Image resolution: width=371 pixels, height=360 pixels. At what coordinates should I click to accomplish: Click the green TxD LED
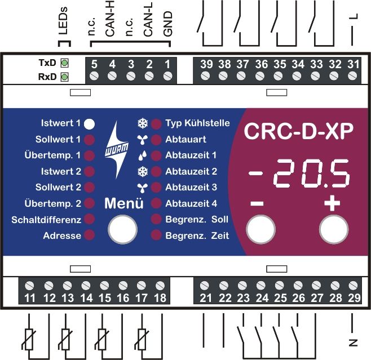point(64,63)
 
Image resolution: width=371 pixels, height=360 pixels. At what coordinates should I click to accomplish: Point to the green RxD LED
point(64,77)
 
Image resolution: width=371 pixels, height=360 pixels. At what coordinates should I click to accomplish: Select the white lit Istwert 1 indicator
point(90,123)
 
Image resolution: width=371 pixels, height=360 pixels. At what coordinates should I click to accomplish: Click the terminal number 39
point(206,64)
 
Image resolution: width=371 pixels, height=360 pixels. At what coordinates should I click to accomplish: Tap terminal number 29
point(354,297)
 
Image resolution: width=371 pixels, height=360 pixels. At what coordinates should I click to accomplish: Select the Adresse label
point(62,235)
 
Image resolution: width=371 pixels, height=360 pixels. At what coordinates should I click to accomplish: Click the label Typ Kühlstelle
point(197,123)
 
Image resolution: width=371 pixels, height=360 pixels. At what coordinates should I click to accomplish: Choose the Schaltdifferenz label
point(46,220)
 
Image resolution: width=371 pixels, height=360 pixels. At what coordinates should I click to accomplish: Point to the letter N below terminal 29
point(354,341)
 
